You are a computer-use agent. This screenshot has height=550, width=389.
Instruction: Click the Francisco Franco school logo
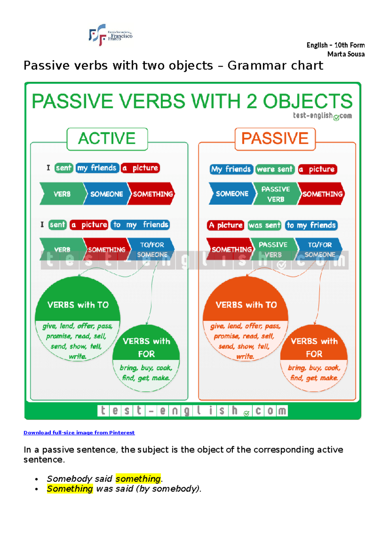pos(111,35)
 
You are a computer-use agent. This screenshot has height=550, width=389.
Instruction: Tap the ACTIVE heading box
pos(107,139)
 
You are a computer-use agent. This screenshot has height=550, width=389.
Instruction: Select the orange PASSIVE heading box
pos(275,139)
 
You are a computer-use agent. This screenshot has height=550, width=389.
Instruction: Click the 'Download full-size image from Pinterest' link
pos(79,432)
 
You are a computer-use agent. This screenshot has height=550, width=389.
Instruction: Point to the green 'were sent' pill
pos(275,169)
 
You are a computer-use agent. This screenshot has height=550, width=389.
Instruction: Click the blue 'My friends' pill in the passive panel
pos(231,169)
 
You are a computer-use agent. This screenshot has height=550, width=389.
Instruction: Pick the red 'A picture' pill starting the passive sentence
pos(226,225)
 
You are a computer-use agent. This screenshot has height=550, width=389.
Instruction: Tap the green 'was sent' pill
pos(264,225)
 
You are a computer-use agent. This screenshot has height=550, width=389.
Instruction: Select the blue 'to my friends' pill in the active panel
pos(140,225)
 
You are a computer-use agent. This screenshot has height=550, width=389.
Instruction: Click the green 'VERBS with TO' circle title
pos(78,305)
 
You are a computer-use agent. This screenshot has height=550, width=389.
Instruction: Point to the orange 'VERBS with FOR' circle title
pos(314,347)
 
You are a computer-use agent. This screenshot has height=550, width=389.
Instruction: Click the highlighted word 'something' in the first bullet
pos(138,479)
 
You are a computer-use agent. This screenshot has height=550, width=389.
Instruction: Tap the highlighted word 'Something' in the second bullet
pos(70,489)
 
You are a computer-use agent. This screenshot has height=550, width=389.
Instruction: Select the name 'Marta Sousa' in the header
pos(346,54)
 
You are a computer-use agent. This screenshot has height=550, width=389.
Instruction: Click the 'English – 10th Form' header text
pos(336,45)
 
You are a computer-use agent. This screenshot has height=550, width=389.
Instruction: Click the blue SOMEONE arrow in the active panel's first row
pos(107,194)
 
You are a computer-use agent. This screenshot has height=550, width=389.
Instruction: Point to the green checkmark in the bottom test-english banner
pos(246,414)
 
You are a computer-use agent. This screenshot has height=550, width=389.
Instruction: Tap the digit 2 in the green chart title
pos(252,101)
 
